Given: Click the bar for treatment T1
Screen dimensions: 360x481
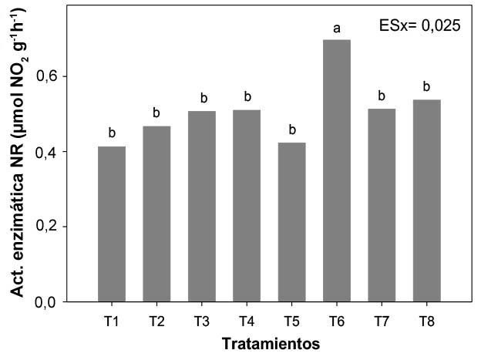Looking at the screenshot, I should tap(112, 224).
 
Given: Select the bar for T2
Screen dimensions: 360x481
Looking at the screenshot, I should tap(156, 214).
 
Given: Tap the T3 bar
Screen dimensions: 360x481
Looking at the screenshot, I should tap(202, 206).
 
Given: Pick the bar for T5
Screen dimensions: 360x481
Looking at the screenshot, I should tap(291, 222).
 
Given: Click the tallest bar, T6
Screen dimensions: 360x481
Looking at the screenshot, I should tap(337, 170).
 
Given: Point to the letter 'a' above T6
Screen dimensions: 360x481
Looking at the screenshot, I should tap(337, 29).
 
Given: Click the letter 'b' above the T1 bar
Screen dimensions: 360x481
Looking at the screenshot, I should tap(112, 132).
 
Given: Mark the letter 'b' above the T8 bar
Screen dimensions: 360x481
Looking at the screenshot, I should tap(426, 86).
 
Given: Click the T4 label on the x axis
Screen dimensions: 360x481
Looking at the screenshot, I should tap(247, 320).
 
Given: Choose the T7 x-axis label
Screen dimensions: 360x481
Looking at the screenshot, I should tap(382, 320).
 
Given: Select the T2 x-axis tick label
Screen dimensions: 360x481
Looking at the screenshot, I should tap(156, 320).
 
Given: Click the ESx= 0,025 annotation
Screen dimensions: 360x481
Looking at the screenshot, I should tap(419, 25).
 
